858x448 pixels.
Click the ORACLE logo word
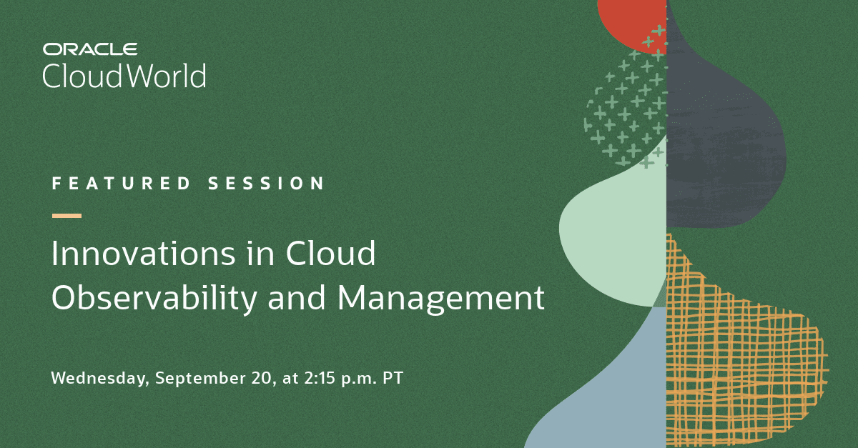point(90,49)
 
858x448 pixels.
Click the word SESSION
point(267,184)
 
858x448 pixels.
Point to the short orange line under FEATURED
point(66,215)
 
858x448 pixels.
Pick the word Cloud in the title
point(331,255)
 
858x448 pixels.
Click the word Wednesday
point(99,379)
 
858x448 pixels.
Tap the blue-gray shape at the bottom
point(608,386)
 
